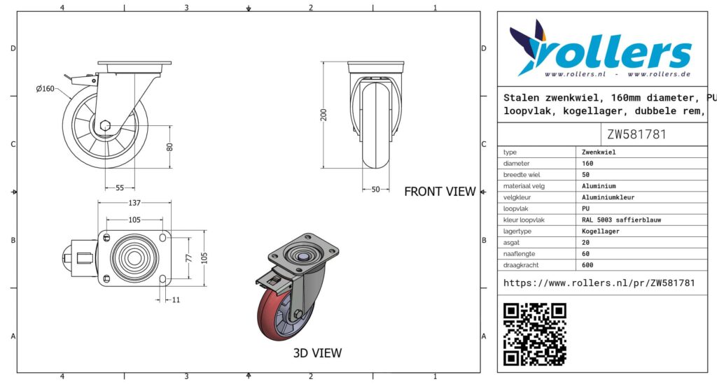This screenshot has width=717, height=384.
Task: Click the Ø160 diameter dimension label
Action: [x=45, y=89]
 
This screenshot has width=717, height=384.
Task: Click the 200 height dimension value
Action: [x=323, y=115]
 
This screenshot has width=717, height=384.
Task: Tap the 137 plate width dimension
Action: [x=134, y=203]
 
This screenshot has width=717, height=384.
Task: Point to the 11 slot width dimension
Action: [x=176, y=300]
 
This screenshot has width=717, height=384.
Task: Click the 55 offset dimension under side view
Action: [x=119, y=187]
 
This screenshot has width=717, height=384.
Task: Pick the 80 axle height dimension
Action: [x=169, y=147]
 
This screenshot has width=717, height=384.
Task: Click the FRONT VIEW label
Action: [x=440, y=192]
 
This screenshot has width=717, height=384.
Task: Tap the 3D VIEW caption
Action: [x=317, y=353]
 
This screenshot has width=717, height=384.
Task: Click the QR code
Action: [x=534, y=334]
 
